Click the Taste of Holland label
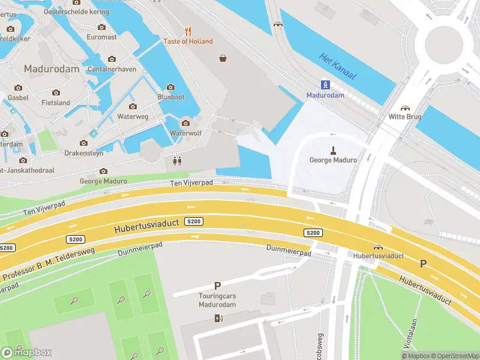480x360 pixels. [188, 41]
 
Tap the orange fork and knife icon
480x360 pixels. [188, 31]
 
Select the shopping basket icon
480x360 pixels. [223, 58]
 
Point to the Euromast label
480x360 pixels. [101, 37]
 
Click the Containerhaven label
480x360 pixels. [112, 69]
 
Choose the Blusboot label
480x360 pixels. [170, 97]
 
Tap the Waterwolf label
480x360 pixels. [185, 133]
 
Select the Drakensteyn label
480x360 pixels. [84, 154]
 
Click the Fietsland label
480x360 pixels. [56, 103]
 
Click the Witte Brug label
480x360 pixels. [405, 116]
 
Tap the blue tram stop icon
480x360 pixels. [325, 85]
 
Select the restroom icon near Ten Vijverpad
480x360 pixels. [176, 161]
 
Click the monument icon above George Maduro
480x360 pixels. [332, 149]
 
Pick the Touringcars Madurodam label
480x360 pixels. [217, 300]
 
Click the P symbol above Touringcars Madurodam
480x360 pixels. [217, 286]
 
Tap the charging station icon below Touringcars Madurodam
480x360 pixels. [217, 317]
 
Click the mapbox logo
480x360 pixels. [26, 352]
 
